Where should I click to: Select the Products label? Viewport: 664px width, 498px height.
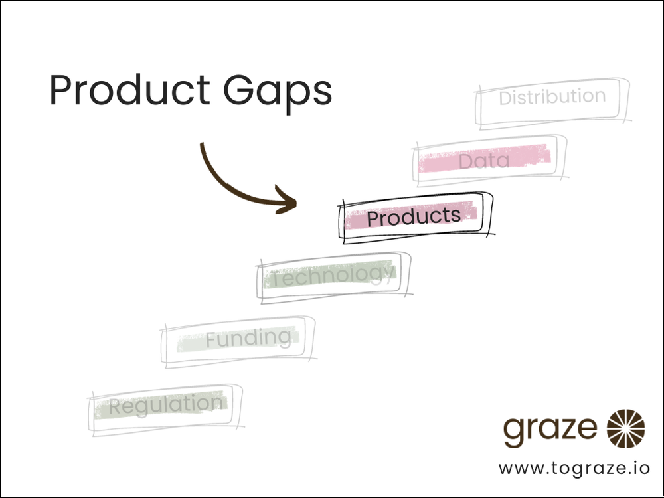(x=414, y=217)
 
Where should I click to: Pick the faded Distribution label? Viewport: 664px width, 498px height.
(x=552, y=98)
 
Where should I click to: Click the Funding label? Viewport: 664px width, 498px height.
(x=248, y=339)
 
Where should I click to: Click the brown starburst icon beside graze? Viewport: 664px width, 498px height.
(x=626, y=428)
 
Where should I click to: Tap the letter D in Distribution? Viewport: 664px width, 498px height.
(x=505, y=98)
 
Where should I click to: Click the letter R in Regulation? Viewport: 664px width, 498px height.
(x=116, y=406)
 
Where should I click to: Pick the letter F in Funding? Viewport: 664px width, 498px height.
(x=210, y=340)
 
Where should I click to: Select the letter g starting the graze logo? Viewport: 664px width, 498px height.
(x=513, y=432)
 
